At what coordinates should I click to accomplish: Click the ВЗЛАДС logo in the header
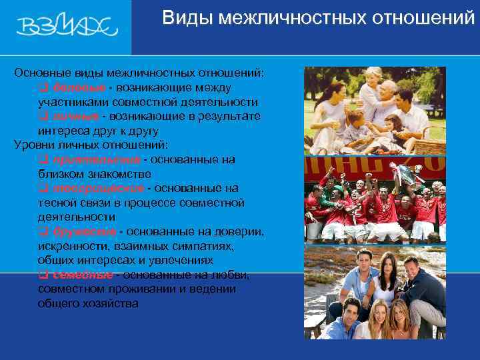coord(67,27)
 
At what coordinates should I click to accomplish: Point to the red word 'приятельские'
coord(95,160)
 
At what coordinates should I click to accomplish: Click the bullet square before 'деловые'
coord(42,88)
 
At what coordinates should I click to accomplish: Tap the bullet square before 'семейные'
coord(42,275)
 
